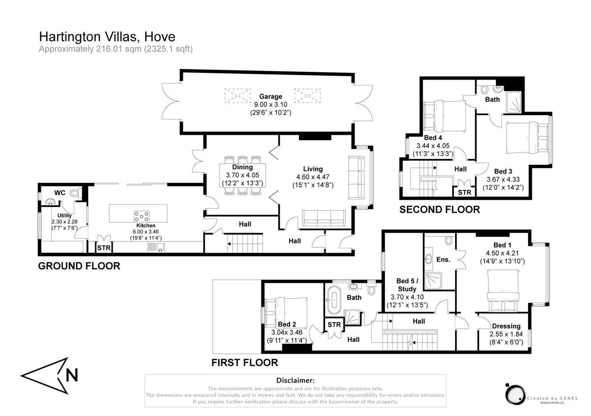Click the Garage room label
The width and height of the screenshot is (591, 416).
click(x=271, y=96)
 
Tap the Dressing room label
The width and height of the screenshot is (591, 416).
click(x=506, y=326)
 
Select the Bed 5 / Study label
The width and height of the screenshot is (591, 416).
click(x=407, y=285)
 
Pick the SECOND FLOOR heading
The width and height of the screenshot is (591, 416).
click(x=439, y=209)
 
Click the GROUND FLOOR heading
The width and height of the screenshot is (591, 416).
click(x=79, y=266)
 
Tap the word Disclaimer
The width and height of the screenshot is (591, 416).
click(x=295, y=381)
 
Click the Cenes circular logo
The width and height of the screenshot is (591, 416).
click(x=514, y=393)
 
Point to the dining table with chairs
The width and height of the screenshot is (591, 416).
click(x=242, y=176)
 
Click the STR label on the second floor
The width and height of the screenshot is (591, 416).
click(x=464, y=192)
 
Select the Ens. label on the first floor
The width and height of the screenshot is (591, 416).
click(x=443, y=259)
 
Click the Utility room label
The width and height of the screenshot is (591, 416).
click(x=65, y=215)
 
